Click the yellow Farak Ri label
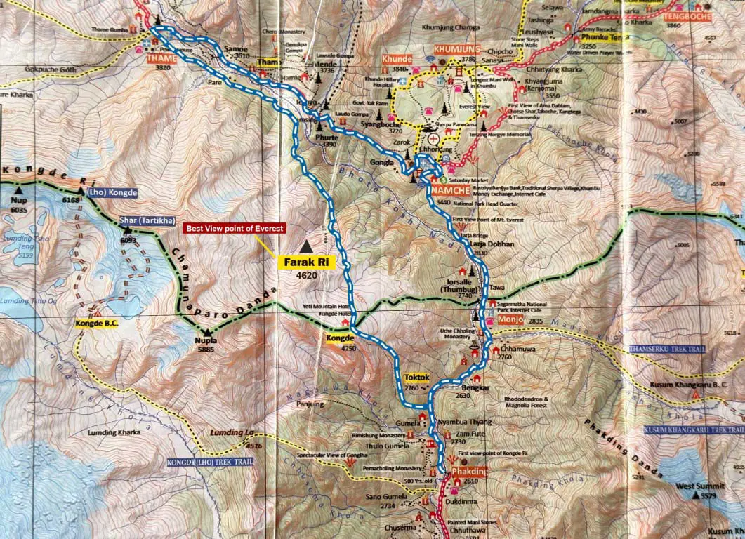point(308,262)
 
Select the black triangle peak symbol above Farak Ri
point(306,246)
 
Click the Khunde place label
point(397,60)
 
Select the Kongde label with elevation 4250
point(339,338)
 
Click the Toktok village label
point(416,378)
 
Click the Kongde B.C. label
point(95,324)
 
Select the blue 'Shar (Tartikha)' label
point(146,220)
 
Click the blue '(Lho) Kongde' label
point(112,192)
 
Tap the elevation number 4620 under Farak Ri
point(306,276)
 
